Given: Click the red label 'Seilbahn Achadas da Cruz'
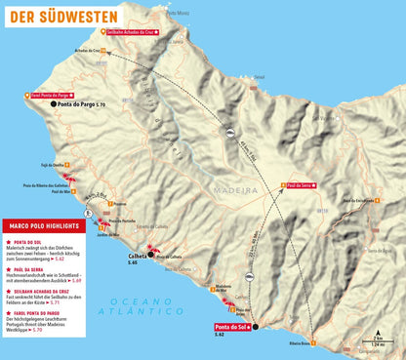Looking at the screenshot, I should coord(134,32).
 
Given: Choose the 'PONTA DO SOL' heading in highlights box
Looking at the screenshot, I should coord(33,240).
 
